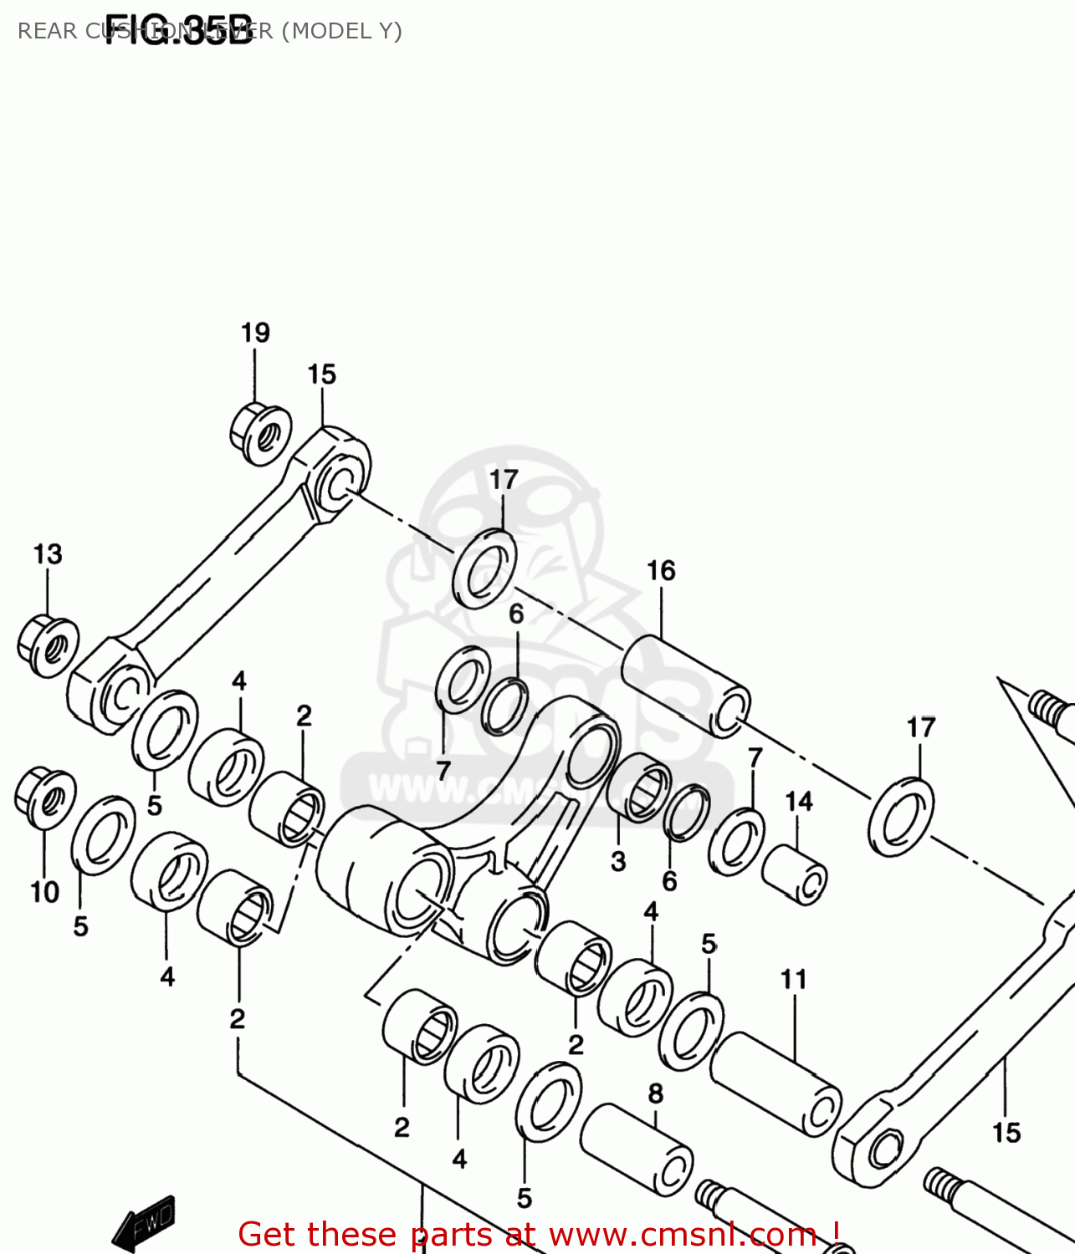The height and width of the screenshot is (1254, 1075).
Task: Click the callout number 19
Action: [x=255, y=333]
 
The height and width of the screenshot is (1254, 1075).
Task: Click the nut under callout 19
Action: [x=260, y=434]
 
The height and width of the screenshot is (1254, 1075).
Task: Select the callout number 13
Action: [x=48, y=554]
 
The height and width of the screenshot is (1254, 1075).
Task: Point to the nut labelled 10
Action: [x=44, y=797]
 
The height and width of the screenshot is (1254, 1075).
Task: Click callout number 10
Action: [x=45, y=893]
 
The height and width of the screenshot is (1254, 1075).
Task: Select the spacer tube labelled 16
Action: [x=685, y=686]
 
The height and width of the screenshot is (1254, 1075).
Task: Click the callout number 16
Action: [x=661, y=571]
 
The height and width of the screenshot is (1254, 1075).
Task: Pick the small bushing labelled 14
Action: [x=794, y=874]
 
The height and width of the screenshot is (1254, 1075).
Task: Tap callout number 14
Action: [x=799, y=802]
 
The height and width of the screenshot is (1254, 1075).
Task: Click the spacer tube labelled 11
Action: [x=776, y=1083]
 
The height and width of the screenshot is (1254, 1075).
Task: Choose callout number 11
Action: [x=793, y=979]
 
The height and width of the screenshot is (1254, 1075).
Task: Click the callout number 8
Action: [x=656, y=1093]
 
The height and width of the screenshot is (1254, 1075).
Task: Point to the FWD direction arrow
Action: [x=145, y=1221]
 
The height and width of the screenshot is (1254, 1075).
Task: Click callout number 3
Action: [x=618, y=861]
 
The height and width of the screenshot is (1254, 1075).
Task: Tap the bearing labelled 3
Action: [x=639, y=788]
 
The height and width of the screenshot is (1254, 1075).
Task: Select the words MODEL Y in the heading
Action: [x=342, y=31]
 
